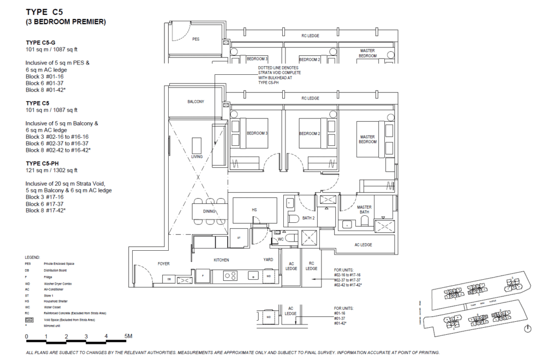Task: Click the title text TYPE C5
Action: (49, 10)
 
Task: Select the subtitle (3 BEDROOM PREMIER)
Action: (66, 22)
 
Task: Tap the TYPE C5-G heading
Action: (41, 42)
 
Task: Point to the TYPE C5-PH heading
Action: (43, 163)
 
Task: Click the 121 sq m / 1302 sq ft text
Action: (52, 170)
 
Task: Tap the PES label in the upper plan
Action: (195, 39)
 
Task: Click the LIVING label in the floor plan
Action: (197, 156)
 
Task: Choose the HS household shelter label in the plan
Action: (254, 209)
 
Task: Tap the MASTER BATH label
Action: (364, 210)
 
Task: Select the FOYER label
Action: (164, 263)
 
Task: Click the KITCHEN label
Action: (221, 260)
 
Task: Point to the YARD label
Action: (268, 260)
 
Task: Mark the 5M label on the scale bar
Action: (128, 336)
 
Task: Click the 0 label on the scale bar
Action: (26, 336)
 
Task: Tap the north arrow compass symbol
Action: (527, 328)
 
